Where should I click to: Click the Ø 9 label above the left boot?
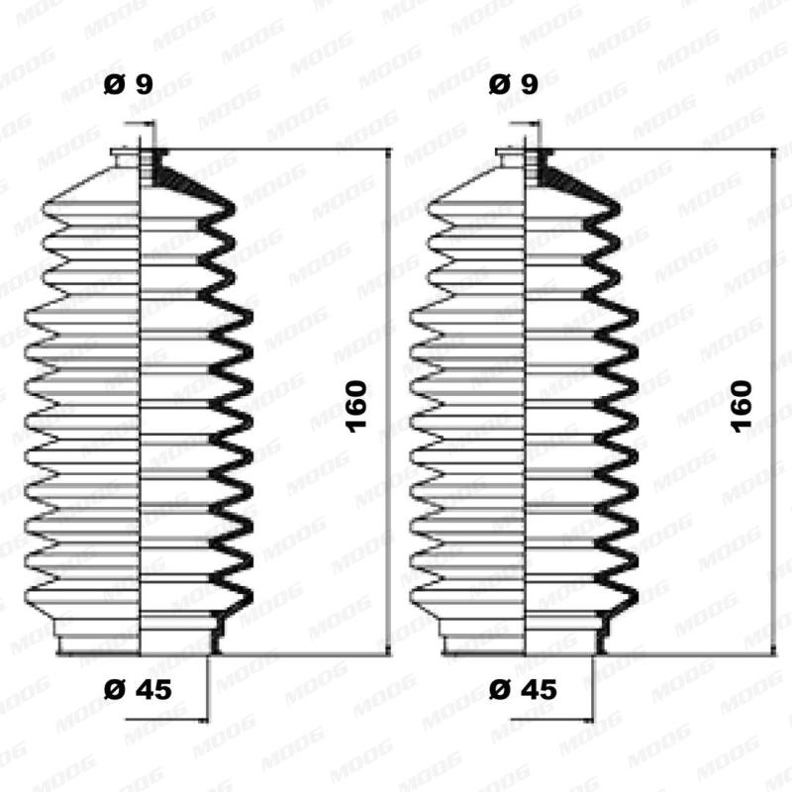click(128, 86)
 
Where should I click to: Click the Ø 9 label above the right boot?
click(514, 86)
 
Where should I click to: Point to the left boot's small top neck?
click(139, 158)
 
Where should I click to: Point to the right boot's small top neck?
click(524, 158)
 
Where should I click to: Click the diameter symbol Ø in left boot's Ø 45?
click(112, 690)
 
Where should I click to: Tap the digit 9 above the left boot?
click(144, 86)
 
